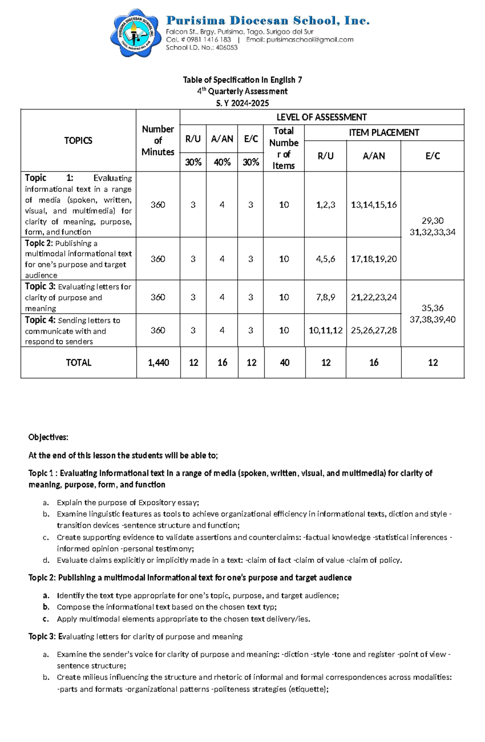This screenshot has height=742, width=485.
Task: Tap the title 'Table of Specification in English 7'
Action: pos(242,80)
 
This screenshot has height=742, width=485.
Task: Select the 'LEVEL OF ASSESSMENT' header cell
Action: pos(321,117)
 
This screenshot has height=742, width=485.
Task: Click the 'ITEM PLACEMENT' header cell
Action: pos(384,133)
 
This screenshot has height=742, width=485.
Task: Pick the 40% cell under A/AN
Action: pos(222,162)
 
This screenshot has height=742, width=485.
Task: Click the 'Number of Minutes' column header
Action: pos(158,140)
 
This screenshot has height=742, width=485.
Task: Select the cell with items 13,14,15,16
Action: pos(373,205)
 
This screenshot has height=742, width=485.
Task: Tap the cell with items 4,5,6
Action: pos(325,259)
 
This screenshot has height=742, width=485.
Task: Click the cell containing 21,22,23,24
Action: pos(373,297)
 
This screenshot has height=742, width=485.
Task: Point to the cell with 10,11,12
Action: pos(325,330)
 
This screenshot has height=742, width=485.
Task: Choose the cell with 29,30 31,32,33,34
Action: pos(432,226)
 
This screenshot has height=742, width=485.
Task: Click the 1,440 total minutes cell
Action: pos(158,363)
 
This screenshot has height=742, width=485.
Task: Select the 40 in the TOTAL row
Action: pos(285,363)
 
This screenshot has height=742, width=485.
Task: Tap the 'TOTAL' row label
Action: pos(78,363)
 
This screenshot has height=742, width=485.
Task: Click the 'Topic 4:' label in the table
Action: pos(40,320)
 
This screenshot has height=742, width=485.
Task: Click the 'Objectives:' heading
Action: pos(48,437)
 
